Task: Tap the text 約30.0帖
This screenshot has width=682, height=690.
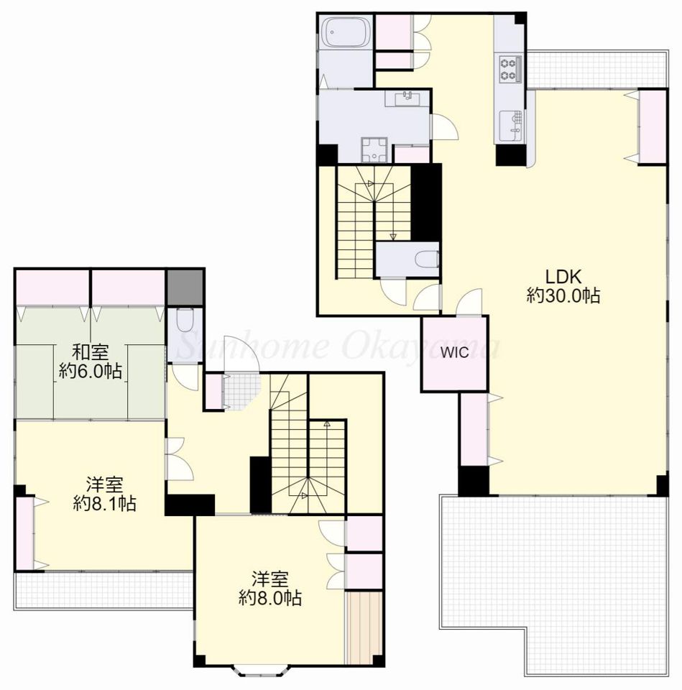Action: click(x=563, y=295)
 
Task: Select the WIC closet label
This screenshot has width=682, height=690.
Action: click(x=454, y=352)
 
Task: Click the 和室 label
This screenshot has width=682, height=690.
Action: click(x=91, y=352)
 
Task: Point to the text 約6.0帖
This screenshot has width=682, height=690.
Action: click(x=91, y=372)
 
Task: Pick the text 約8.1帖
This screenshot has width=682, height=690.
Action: click(x=104, y=503)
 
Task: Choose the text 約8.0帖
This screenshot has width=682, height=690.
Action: click(x=270, y=597)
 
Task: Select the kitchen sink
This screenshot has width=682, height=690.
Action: click(x=511, y=124)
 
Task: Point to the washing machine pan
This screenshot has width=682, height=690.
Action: click(x=374, y=149)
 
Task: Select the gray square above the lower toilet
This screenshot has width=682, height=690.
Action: click(x=185, y=287)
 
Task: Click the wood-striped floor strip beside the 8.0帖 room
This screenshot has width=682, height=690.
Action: click(x=364, y=628)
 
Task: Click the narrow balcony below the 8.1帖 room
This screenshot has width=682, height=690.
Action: click(x=103, y=590)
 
